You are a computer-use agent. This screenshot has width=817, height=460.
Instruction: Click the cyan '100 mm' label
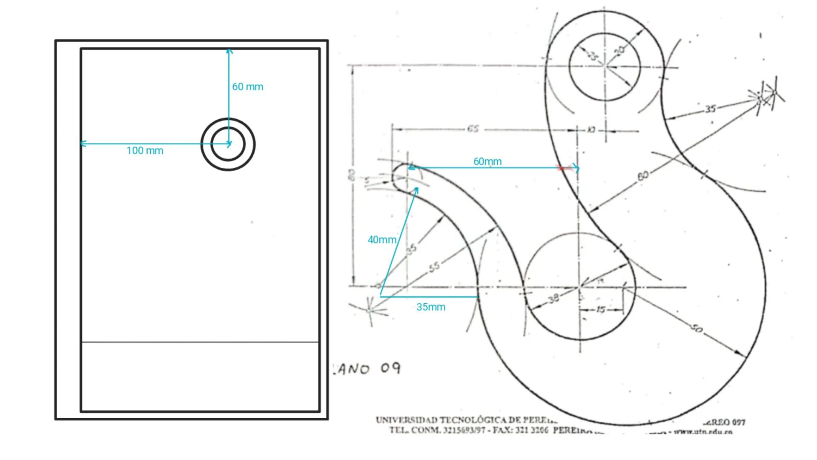click(145, 151)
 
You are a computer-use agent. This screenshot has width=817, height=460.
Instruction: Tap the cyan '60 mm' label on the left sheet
click(247, 87)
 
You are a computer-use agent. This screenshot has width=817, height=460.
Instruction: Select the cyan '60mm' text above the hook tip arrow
click(487, 162)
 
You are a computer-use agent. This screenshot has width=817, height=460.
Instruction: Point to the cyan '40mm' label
click(381, 240)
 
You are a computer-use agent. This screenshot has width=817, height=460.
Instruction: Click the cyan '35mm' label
click(430, 307)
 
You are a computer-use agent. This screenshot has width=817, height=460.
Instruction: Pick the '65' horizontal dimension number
click(473, 129)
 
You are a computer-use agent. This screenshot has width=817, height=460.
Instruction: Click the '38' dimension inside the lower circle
click(553, 299)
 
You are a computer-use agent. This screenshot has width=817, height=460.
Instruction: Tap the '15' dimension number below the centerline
click(600, 309)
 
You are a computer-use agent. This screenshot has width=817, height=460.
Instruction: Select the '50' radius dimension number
click(696, 328)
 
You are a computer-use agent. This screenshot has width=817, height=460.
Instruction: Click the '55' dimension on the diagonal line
click(434, 267)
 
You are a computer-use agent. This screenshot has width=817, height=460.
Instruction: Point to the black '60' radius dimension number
click(643, 175)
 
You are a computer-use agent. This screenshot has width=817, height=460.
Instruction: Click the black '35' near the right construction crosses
click(710, 109)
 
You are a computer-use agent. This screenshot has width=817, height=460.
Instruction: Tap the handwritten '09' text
click(390, 368)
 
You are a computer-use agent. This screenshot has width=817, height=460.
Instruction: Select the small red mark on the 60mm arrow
click(562, 168)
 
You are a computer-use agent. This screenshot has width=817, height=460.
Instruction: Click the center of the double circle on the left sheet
click(228, 144)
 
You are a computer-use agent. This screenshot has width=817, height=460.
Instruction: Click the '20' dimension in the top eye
click(620, 51)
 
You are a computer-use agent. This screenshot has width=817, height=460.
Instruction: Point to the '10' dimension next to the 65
click(591, 129)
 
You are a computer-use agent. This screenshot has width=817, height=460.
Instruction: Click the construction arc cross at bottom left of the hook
click(369, 311)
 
